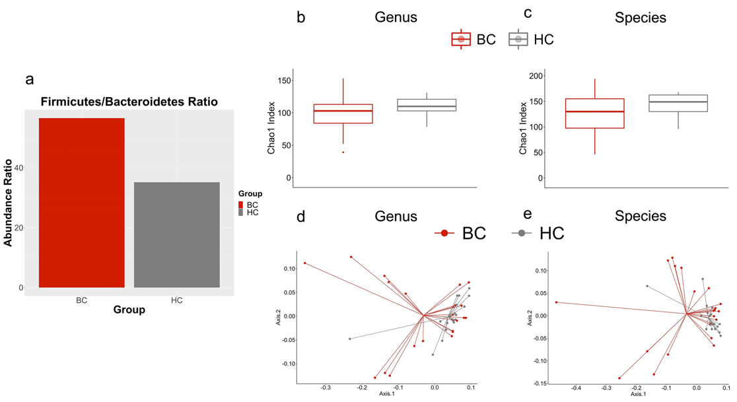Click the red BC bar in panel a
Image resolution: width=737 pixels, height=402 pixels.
click(x=82, y=203)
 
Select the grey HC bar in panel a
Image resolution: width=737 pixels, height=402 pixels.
click(x=176, y=234)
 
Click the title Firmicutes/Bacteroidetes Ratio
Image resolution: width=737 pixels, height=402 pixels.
click(x=129, y=102)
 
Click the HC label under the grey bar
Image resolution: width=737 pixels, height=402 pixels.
click(x=176, y=300)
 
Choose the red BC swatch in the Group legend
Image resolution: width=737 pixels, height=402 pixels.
click(x=241, y=205)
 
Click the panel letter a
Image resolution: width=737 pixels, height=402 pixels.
click(x=29, y=80)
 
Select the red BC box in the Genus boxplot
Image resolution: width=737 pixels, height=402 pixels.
click(x=343, y=114)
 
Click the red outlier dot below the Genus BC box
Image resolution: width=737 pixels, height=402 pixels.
click(x=343, y=152)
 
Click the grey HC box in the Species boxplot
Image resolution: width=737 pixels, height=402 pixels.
click(x=678, y=103)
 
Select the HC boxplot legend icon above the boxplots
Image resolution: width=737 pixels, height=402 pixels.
click(x=518, y=40)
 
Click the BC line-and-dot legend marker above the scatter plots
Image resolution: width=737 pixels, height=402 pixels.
click(x=444, y=233)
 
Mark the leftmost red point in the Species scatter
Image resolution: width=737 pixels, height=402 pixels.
click(x=556, y=302)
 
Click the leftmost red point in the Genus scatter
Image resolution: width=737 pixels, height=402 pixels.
click(x=304, y=263)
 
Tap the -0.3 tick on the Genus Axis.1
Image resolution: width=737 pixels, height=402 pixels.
click(x=325, y=387)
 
